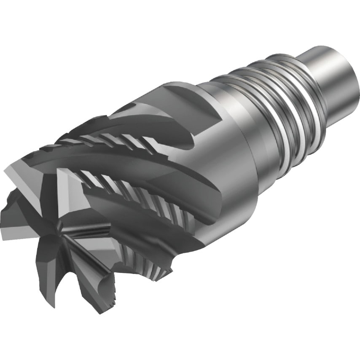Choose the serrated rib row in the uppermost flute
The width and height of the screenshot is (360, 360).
(114, 141)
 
